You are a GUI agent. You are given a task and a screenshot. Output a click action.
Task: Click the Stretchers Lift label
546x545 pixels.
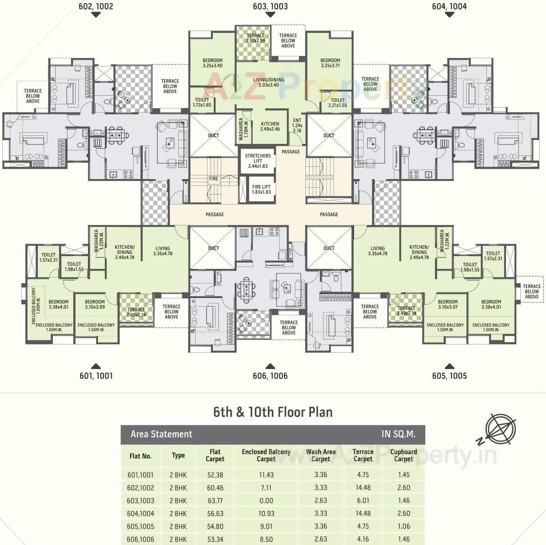click(258, 161)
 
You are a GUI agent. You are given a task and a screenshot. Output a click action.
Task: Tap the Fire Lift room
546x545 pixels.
click(261, 189)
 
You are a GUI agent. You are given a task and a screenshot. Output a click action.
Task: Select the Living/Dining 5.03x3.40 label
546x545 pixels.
click(268, 82)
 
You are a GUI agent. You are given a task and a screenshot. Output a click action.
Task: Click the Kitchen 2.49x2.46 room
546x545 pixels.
click(270, 126)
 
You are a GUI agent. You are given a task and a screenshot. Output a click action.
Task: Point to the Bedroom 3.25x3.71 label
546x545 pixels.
click(330, 63)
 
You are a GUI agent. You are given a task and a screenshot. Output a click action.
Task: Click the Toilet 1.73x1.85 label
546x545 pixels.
click(202, 102)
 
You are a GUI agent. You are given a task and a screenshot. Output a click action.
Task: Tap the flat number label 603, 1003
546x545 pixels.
click(270, 6)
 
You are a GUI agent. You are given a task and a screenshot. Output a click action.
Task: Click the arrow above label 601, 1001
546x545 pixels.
click(96, 366)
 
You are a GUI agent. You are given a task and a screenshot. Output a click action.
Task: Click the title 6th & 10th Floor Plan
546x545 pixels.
click(273, 412)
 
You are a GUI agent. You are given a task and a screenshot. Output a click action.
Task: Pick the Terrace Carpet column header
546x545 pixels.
click(363, 455)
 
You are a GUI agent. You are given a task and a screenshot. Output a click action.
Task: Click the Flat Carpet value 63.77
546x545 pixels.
click(215, 500)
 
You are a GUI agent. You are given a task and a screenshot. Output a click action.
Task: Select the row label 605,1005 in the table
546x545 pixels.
click(140, 526)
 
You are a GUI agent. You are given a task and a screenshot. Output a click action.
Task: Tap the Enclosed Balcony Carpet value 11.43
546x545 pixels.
click(266, 475)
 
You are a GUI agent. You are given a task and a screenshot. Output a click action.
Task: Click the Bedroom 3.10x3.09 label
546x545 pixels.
click(95, 304)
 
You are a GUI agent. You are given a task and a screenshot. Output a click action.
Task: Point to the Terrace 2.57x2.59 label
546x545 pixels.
click(255, 38)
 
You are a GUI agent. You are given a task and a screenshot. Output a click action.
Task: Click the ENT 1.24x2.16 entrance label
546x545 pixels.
click(297, 125)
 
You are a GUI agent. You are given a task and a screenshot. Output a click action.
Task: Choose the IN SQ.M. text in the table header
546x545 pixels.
click(398, 434)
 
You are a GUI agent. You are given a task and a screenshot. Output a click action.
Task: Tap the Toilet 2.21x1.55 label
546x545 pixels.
click(337, 103)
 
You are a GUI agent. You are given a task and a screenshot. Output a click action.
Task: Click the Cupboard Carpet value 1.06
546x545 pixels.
click(403, 526)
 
